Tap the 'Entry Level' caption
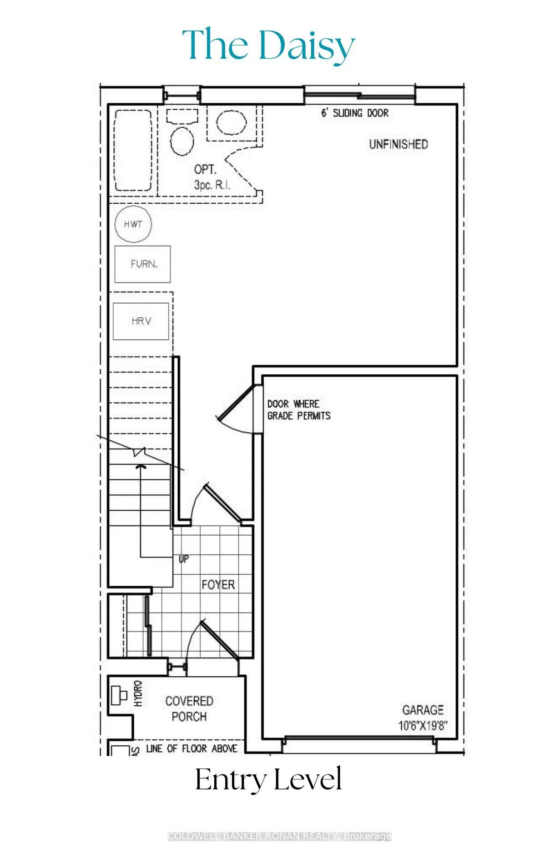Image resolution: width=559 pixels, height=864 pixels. [x=268, y=779]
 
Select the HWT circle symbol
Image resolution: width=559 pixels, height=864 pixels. [x=133, y=224]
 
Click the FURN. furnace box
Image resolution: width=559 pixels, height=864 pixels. [x=143, y=264]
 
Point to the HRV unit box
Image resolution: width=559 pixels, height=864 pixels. [x=141, y=321]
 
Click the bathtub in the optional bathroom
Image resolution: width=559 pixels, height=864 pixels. [x=133, y=151]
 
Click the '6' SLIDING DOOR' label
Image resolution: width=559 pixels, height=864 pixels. [x=355, y=113]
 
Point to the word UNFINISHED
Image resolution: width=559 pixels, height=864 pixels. [x=398, y=145]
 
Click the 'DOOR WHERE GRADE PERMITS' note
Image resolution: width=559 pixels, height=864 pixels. [x=299, y=410]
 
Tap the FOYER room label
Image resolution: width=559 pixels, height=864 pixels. [x=218, y=584]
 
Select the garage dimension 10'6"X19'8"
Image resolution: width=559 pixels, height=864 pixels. [x=423, y=725]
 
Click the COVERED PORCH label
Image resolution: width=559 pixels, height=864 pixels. [x=189, y=708]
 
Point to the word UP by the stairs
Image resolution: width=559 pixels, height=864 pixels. [x=184, y=559]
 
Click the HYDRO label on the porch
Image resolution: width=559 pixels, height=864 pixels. [x=138, y=693]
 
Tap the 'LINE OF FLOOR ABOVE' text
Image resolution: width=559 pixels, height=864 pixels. [x=191, y=749]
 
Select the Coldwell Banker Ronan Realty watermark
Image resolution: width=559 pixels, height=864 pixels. [x=279, y=836]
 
